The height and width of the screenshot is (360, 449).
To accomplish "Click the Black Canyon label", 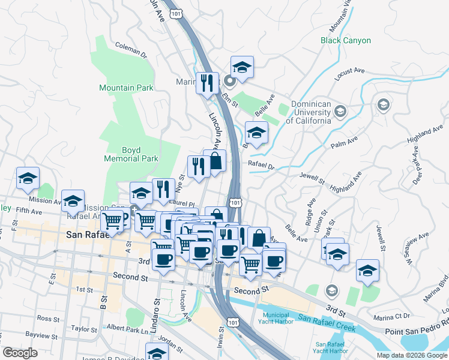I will coord(345,41).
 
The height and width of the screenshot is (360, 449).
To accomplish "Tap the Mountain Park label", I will coord(126,88).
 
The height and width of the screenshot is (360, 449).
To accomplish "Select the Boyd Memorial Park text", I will coord(131,154).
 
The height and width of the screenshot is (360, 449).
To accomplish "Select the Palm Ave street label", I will coord(344,145).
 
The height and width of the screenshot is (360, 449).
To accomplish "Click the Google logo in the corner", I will coord(20,353).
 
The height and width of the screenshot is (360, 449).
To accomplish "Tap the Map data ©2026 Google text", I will coord(412,355).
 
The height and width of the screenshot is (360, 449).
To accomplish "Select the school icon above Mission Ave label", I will coord(26,178).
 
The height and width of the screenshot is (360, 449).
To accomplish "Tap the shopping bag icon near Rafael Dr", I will coord(214,161).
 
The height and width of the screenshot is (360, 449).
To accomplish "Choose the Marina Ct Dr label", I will coord(390,316).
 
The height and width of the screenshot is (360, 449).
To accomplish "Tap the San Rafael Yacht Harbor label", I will coord(331,347).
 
